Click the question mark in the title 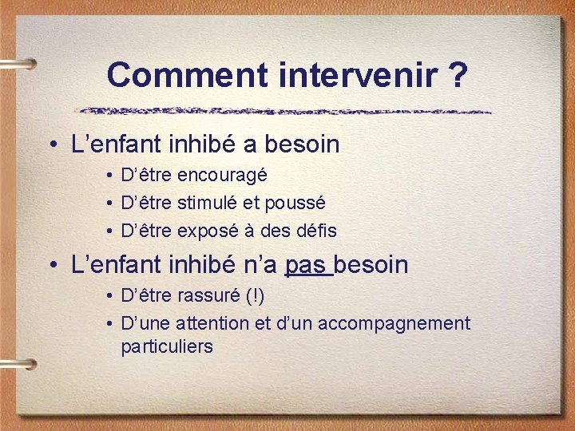[458, 75]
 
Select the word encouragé [222, 175]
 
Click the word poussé [296, 204]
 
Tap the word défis [317, 231]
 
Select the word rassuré [210, 295]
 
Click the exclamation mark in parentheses [256, 295]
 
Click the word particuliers [167, 346]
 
